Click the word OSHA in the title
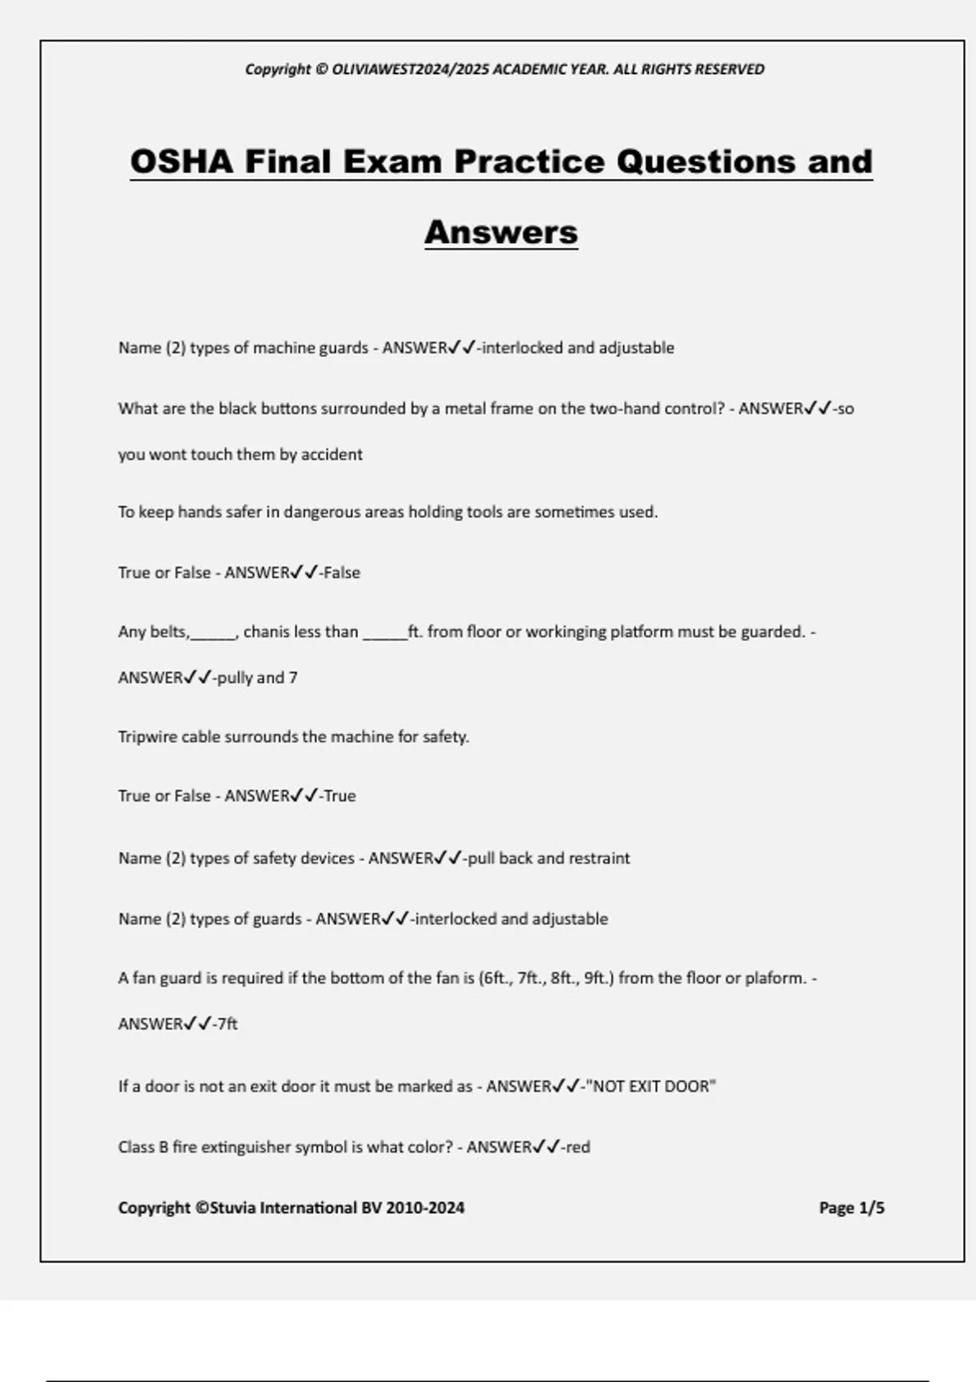181,161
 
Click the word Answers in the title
501,233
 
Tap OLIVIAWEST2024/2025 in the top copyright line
411,69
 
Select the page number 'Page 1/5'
851,1208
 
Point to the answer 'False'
342,573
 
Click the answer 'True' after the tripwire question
340,796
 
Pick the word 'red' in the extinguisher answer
578,1147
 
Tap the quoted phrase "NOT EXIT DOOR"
651,1086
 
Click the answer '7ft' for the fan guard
227,1024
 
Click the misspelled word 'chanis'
267,632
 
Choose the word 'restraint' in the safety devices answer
599,858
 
